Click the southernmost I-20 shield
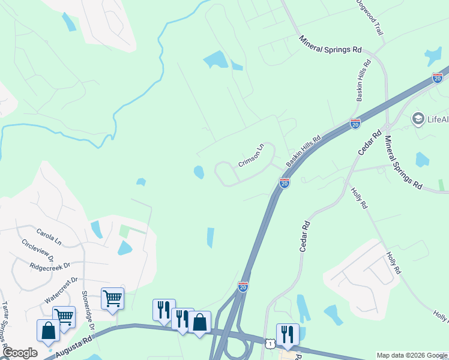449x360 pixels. pos(243,287)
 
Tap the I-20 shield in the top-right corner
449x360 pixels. pos(437,78)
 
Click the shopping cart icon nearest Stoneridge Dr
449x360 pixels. pos(113,298)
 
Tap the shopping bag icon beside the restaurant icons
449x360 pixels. pos(199,322)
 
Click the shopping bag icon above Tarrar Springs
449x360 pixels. pos(48,330)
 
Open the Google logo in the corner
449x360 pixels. pos(19,353)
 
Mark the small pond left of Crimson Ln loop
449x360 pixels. pos(199,173)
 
